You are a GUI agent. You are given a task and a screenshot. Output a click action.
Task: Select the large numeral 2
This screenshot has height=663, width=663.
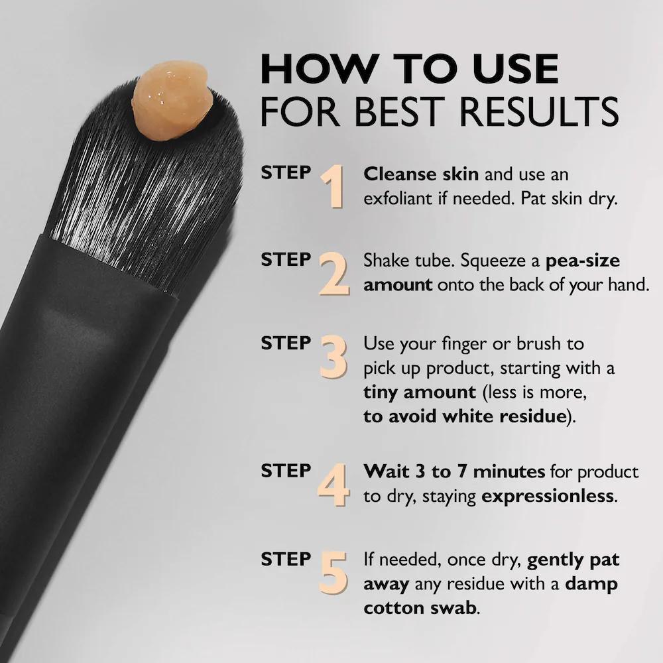[x=333, y=274]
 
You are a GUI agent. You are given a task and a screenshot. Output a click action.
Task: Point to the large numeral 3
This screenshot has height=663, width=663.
[x=333, y=358]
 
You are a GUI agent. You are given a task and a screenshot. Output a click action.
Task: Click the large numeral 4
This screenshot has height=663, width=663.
[x=333, y=485]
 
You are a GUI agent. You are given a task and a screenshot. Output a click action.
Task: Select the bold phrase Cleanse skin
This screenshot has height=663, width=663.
[x=421, y=175]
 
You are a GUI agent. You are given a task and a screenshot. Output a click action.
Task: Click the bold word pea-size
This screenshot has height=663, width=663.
[x=583, y=261]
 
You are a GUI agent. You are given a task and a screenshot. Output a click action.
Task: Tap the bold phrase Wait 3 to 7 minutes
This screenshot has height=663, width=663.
[x=454, y=472]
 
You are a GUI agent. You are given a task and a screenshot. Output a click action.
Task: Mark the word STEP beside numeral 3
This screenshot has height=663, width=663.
[x=286, y=343]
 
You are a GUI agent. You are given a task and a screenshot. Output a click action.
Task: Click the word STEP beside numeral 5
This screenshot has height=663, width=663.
[x=286, y=559]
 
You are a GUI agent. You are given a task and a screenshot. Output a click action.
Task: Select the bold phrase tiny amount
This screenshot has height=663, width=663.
[x=420, y=392]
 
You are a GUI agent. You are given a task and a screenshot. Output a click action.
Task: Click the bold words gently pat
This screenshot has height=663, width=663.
[x=573, y=560]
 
